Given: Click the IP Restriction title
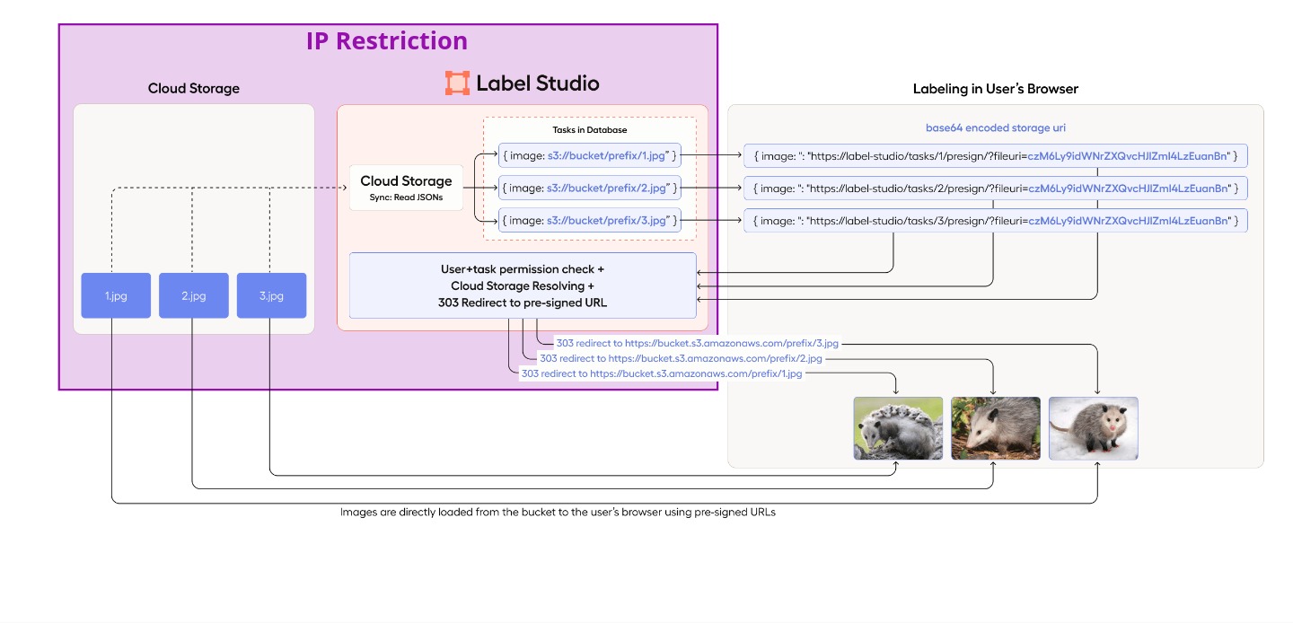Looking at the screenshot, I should pos(387,41).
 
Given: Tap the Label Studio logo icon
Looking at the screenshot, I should pos(457,83).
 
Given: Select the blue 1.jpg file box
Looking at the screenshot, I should pos(115,295).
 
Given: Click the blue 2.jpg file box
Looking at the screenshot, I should pos(193,295).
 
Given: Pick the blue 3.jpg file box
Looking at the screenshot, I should pos(271,295).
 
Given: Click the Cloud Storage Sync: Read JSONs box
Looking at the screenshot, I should pos(406,188).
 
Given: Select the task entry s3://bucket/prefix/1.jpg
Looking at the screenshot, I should pos(589,155).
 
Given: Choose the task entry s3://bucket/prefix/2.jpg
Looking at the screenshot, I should pos(589,188).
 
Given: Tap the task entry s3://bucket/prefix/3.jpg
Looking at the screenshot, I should pos(589,220).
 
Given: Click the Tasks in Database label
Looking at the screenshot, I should pos(589,130).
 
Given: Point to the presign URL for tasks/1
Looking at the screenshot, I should pos(995,156).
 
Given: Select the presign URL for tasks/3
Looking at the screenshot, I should pos(995,221).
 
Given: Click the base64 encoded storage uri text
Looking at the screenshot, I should pos(995,128).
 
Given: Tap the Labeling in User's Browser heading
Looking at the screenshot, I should pos(995,89).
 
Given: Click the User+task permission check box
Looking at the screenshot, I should pos(523,285).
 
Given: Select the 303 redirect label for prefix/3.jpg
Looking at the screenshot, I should pos(697,343).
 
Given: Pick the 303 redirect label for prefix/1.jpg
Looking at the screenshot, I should pos(661,373).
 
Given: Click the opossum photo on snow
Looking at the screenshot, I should pos(1093,428).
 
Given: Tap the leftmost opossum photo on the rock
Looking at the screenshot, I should pos(897,428).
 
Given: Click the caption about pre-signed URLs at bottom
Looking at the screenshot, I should pos(557,512).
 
